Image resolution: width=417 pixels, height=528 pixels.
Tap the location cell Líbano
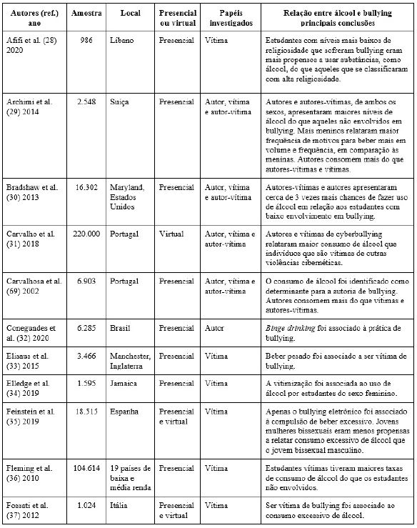coord(122,41)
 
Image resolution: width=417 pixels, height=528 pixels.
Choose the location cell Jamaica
coord(125,384)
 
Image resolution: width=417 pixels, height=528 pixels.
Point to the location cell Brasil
coord(121,328)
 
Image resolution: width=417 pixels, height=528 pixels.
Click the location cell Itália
coord(121,505)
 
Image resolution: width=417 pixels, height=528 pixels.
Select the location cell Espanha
coord(126,412)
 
